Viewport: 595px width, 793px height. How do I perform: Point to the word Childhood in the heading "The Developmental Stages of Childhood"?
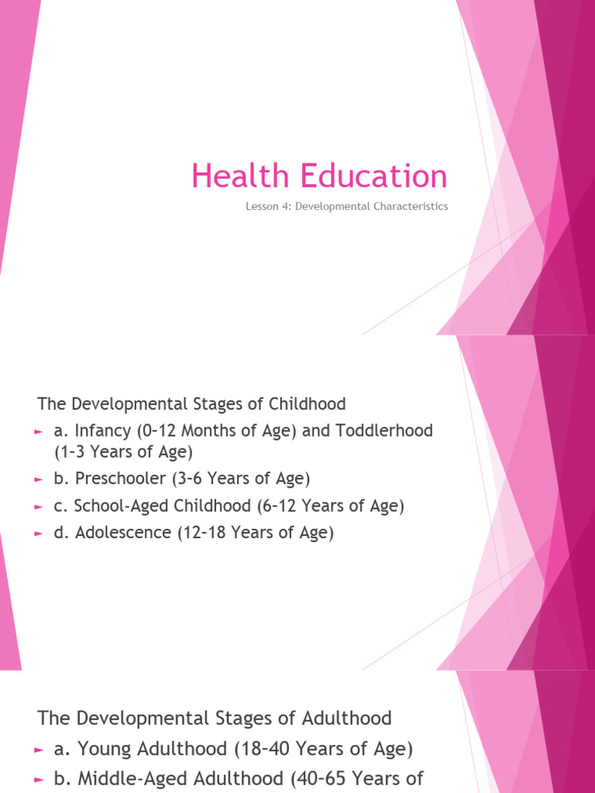click(x=307, y=404)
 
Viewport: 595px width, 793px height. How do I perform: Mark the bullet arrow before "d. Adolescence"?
click(x=40, y=534)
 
